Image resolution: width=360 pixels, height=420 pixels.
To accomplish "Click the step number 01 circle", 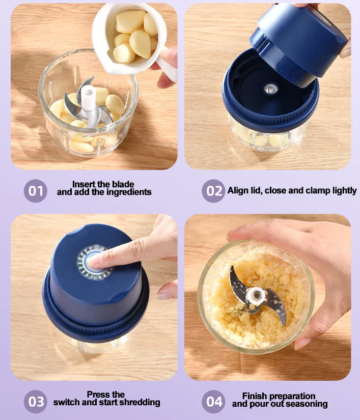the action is (x=35, y=191).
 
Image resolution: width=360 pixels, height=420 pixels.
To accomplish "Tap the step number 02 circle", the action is (x=213, y=191).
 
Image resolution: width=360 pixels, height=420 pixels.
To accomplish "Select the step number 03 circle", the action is (x=35, y=402).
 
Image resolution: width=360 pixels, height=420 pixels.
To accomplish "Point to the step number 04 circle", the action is (x=213, y=402).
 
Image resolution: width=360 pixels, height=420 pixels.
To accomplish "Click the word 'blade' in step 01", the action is (x=123, y=184).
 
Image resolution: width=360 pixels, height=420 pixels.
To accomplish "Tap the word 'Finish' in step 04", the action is (x=254, y=396).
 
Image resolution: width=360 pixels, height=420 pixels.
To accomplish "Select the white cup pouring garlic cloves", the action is (x=128, y=40).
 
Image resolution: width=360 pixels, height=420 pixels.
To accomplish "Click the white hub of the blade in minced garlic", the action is (x=256, y=296).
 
